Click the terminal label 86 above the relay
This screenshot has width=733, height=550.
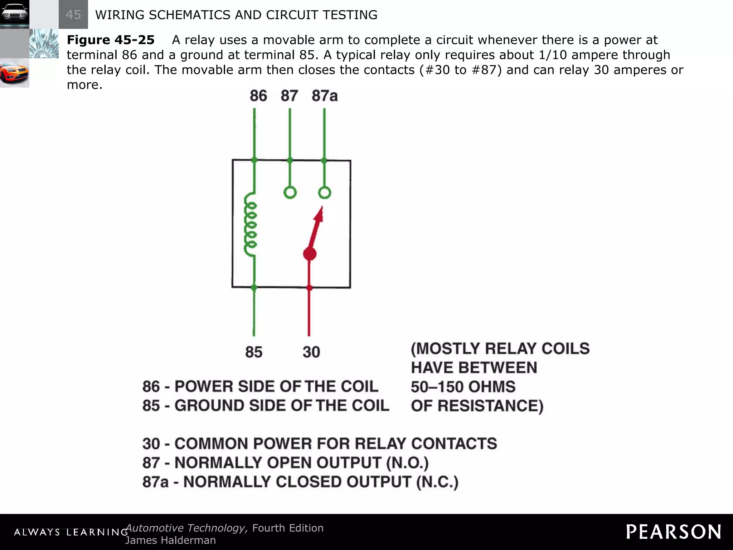[x=258, y=96]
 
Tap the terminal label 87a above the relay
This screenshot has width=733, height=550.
[x=325, y=96]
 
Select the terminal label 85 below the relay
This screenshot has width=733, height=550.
[x=254, y=352]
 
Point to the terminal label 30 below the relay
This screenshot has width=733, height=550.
[x=311, y=352]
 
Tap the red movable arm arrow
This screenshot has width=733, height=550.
[x=317, y=226]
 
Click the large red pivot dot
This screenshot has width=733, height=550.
[x=310, y=254]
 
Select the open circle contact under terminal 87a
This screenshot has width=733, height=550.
[x=325, y=193]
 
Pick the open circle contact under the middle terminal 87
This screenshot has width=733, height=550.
[x=290, y=193]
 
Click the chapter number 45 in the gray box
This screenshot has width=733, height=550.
[x=73, y=15]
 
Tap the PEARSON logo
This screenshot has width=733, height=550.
[x=673, y=532]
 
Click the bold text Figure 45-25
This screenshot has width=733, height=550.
[x=111, y=40]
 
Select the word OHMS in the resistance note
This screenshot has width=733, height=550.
[x=492, y=387]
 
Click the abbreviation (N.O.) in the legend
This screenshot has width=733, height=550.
[x=407, y=463]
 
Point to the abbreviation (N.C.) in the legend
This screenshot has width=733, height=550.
[x=437, y=482]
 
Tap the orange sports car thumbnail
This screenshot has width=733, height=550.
[x=14, y=73]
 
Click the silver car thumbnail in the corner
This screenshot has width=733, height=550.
[x=14, y=14]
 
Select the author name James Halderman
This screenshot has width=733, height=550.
[x=170, y=540]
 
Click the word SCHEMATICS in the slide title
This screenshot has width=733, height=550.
[x=190, y=15]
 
